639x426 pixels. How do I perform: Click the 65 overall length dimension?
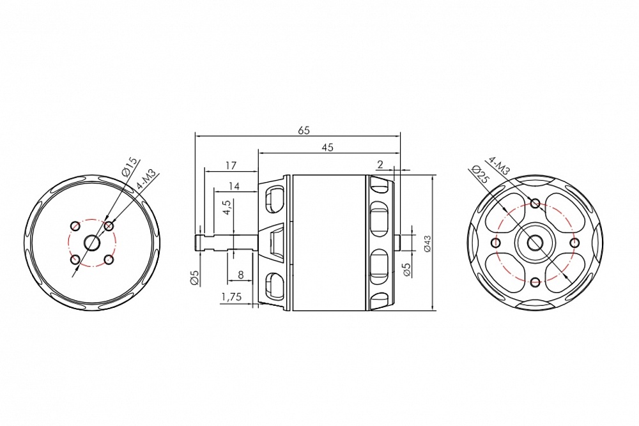pyautogui.click(x=304, y=130)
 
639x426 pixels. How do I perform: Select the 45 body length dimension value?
pyautogui.click(x=328, y=147)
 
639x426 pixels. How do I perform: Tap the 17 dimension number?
pyautogui.click(x=231, y=165)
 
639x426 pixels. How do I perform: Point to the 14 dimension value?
pyautogui.click(x=233, y=186)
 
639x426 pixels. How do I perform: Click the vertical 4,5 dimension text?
pyautogui.click(x=227, y=209)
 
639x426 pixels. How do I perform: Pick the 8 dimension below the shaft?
pyautogui.click(x=240, y=275)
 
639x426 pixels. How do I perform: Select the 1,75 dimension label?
pyautogui.click(x=231, y=297)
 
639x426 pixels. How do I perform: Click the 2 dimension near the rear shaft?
pyautogui.click(x=381, y=164)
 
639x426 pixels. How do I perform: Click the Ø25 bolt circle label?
pyautogui.click(x=478, y=174)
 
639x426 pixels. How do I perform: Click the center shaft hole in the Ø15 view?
pyautogui.click(x=92, y=243)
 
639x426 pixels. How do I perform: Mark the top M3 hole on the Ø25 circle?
pyautogui.click(x=535, y=204)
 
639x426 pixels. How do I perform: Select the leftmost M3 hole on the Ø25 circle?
pyautogui.click(x=495, y=243)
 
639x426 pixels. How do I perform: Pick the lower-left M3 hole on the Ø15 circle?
pyautogui.click(x=76, y=259)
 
